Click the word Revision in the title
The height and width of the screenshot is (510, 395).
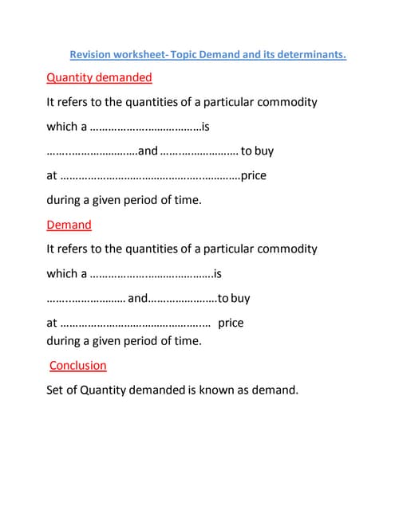(90, 55)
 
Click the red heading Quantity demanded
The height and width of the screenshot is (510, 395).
(99, 78)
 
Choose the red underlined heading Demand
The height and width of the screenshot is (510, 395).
(69, 225)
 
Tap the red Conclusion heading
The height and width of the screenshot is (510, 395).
(77, 365)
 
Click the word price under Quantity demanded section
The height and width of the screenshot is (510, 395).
(254, 175)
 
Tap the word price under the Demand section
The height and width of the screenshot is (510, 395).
(231, 323)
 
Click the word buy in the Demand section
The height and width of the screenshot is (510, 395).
(239, 298)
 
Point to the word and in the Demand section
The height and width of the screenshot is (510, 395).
(137, 298)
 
